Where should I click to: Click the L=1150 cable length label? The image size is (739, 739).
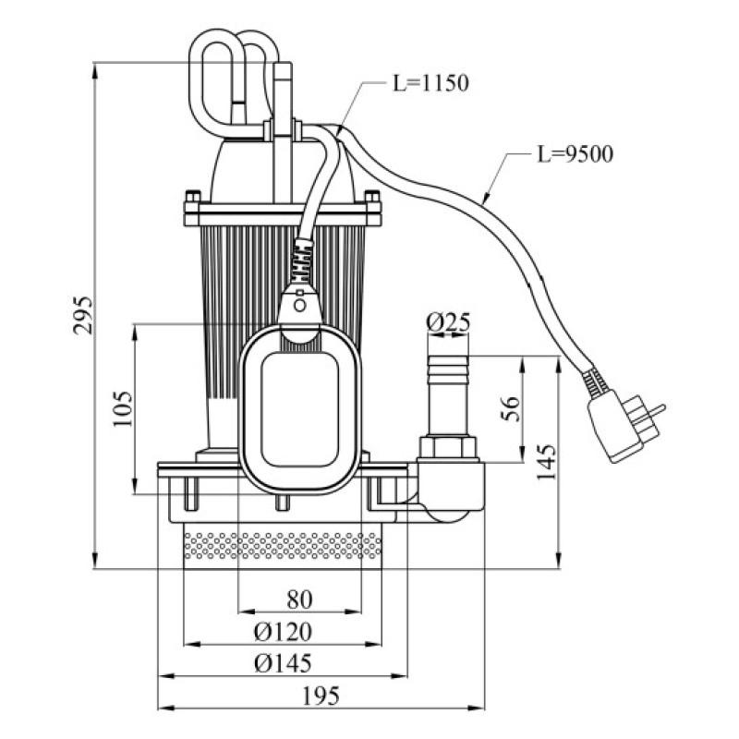click(430, 83)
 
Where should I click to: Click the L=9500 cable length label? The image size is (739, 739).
click(575, 154)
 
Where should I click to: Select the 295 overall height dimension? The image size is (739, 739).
click(83, 315)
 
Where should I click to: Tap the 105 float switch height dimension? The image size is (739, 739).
click(123, 408)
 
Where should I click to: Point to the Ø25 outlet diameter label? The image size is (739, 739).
click(448, 322)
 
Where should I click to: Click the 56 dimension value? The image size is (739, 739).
click(510, 408)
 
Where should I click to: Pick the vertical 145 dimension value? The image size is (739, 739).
click(547, 461)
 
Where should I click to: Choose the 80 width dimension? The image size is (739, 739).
click(299, 600)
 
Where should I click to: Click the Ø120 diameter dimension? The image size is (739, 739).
click(283, 632)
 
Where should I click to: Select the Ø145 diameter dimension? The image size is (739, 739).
click(283, 663)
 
